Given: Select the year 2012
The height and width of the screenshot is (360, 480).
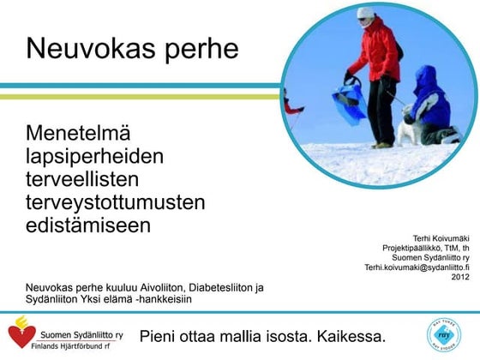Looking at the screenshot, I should (x=460, y=277).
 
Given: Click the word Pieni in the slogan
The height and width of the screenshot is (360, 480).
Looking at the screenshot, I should (x=159, y=333).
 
